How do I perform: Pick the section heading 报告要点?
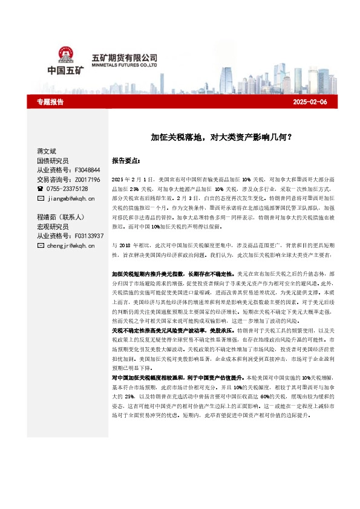pyautogui.click(x=126, y=161)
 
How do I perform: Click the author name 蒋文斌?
pyautogui.click(x=47, y=151)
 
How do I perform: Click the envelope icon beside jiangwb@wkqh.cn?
pyautogui.click(x=41, y=198)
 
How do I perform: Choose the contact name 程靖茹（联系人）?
pyautogui.click(x=60, y=217)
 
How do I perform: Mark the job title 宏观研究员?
pyautogui.click(x=53, y=227)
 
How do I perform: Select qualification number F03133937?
pyautogui.click(x=88, y=236)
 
